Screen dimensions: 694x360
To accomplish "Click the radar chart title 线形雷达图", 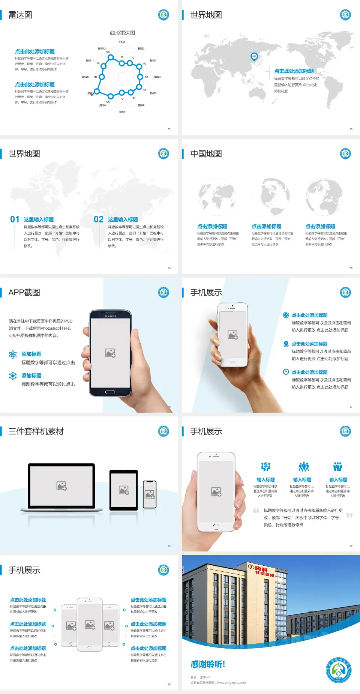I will click(x=122, y=33).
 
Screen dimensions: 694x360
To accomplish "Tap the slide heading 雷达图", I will click(x=20, y=15).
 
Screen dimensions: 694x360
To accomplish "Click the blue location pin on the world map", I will click(x=254, y=57).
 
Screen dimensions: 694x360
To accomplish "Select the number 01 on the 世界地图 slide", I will click(x=15, y=219).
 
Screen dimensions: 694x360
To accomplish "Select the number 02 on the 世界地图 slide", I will click(x=99, y=219).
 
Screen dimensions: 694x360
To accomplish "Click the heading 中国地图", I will click(x=206, y=154).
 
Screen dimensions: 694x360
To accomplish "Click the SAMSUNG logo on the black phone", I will click(x=110, y=316).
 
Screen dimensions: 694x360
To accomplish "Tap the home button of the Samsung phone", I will click(x=110, y=392).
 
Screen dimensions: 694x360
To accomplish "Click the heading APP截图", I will click(x=24, y=293).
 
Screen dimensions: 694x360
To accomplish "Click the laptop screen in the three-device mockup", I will click(x=61, y=485).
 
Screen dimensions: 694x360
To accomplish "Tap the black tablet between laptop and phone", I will click(x=124, y=490).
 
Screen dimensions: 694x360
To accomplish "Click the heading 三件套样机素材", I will click(x=36, y=431).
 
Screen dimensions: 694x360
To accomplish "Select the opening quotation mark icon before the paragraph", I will click(x=256, y=511).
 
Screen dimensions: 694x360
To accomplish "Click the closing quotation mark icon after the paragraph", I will click(x=349, y=515).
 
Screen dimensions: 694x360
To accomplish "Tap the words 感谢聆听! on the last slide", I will click(x=208, y=664).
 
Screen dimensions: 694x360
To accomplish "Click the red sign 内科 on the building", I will click(x=261, y=570).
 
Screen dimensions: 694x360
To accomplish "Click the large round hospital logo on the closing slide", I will click(x=339, y=670).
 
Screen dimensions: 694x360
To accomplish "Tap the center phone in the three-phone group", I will click(x=90, y=624).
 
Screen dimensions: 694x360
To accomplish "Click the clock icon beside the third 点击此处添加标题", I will click(x=286, y=372).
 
